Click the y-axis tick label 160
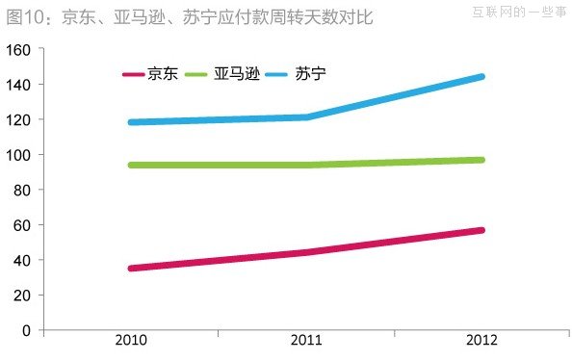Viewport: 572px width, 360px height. point(19,49)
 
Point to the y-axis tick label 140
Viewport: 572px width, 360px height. point(19,85)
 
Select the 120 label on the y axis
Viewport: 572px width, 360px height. point(19,119)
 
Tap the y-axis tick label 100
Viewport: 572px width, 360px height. point(19,155)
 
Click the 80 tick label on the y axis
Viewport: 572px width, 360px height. point(23,190)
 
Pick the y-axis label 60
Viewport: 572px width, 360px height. point(23,225)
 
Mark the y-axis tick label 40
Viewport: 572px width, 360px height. point(23,260)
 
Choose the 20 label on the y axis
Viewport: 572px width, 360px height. point(23,296)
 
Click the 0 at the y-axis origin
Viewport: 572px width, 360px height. point(27,331)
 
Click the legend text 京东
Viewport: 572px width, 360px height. point(162,73)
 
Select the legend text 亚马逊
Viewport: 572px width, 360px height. point(237,73)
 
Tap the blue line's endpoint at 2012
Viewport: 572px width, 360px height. point(481,77)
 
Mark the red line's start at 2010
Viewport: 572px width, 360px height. point(131,268)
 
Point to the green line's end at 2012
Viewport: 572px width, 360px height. point(481,160)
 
